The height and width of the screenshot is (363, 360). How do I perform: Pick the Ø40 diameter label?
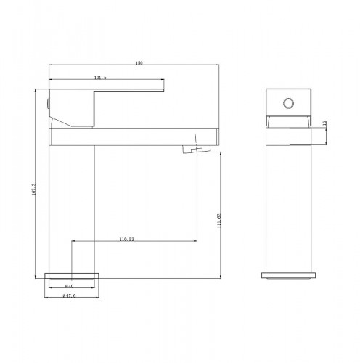click(x=70, y=286)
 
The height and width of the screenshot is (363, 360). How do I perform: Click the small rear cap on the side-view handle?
click(x=49, y=103)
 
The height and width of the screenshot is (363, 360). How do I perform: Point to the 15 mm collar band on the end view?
click(x=290, y=124)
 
